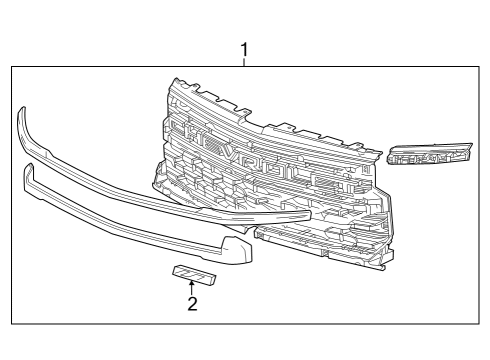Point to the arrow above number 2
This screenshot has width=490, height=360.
click(191, 287)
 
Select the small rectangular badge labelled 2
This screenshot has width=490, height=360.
click(191, 272)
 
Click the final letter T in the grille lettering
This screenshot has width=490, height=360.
click(337, 176)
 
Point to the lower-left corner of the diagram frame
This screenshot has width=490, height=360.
click(12, 325)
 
